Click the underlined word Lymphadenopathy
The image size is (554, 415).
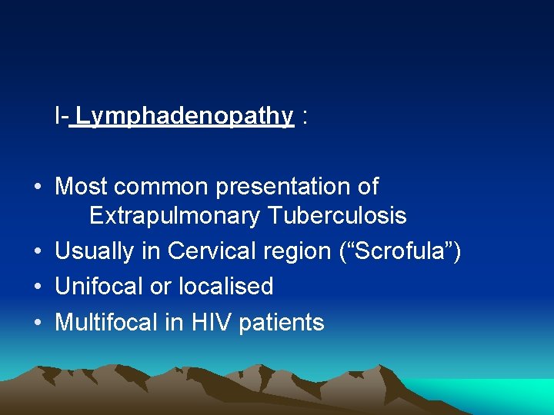click(x=185, y=116)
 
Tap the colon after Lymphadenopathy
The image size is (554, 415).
click(x=306, y=118)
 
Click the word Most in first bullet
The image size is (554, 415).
click(x=80, y=186)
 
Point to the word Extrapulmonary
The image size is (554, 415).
click(x=175, y=217)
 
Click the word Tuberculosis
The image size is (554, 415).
click(x=337, y=216)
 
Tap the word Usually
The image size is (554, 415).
click(x=98, y=251)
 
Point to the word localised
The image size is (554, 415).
click(x=226, y=287)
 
